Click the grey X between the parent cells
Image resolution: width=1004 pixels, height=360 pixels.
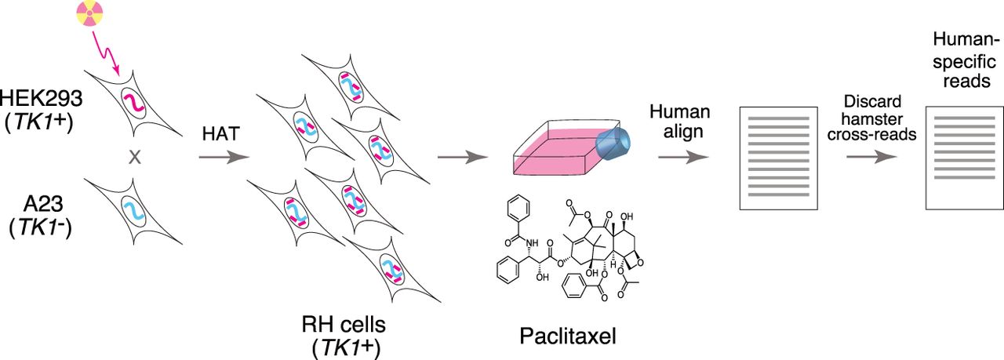point(134,157)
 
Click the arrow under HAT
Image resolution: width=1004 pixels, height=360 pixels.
point(223,158)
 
